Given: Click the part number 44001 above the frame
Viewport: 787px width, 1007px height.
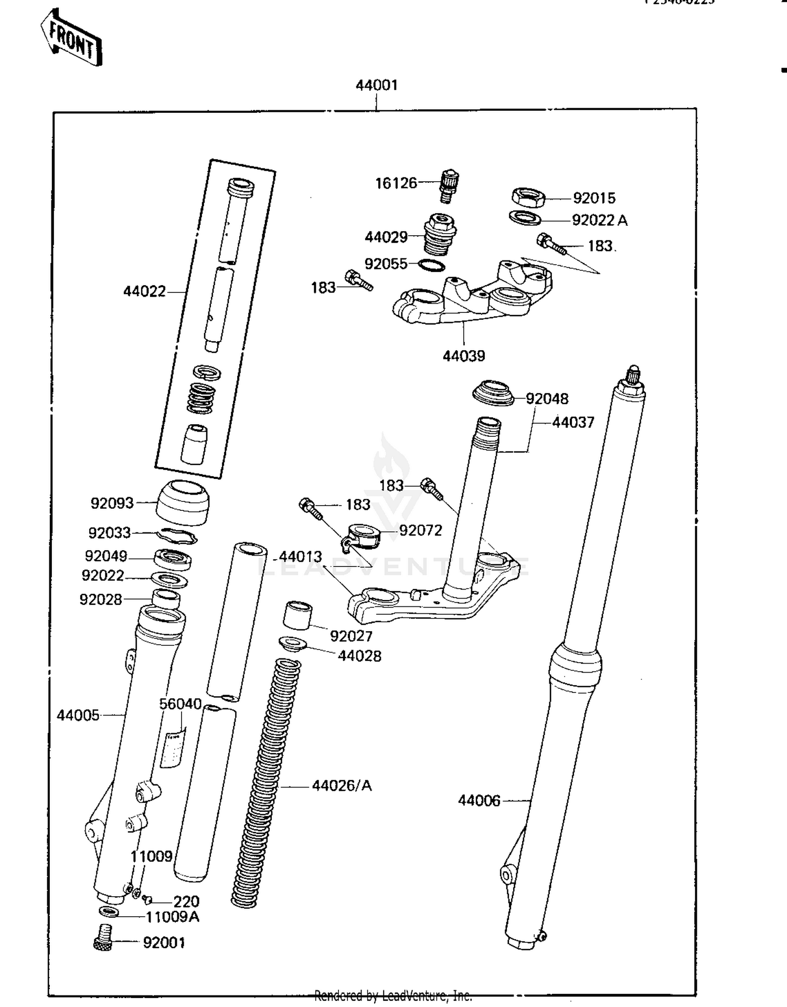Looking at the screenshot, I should [x=376, y=86].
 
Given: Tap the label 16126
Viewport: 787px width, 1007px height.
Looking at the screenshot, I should [x=396, y=183].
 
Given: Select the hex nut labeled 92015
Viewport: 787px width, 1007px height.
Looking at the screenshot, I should [x=528, y=197].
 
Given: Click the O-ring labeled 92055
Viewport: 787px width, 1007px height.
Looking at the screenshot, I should [x=432, y=265].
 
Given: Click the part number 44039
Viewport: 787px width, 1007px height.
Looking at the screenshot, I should [x=463, y=356].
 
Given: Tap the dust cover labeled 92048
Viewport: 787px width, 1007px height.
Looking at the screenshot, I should [x=493, y=393].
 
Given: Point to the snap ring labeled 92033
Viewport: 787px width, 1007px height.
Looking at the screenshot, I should [x=177, y=536].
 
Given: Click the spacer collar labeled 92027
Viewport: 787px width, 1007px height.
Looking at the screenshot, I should [x=297, y=615].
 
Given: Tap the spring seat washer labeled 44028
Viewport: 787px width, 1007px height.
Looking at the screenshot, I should [x=293, y=644].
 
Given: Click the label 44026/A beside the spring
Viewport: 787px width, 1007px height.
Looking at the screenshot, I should [x=342, y=786].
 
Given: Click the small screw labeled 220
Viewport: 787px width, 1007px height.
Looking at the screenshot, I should [x=147, y=900].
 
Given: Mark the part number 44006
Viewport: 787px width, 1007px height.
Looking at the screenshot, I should [x=478, y=801].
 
